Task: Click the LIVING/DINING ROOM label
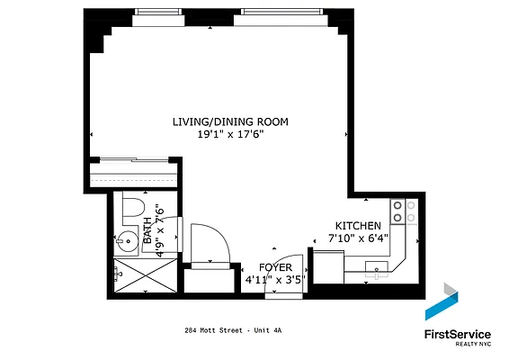point(230,121)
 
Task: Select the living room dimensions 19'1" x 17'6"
point(230,133)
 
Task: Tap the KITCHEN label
point(357,226)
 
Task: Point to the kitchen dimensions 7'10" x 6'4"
point(357,238)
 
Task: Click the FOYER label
point(276,267)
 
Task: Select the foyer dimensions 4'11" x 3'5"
point(276,279)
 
